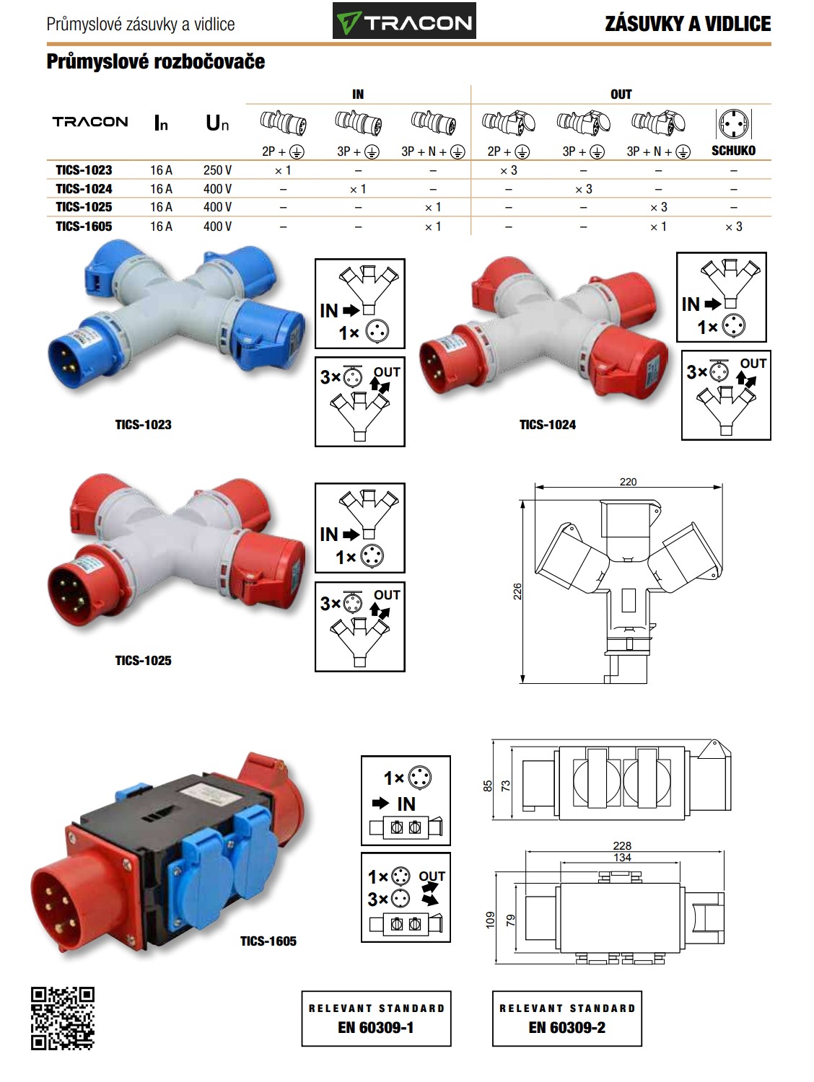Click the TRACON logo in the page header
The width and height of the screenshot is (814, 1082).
(x=404, y=21)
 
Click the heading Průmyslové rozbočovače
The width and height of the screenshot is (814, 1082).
(x=156, y=61)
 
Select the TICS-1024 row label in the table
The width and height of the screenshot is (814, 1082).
(x=84, y=189)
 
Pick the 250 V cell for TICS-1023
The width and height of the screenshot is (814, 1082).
(x=217, y=170)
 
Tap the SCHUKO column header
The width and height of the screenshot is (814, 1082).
(x=733, y=150)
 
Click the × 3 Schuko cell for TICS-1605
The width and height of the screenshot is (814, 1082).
(x=734, y=226)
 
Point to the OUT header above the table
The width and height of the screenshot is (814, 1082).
(x=621, y=94)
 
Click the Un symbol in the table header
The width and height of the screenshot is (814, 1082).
(x=217, y=123)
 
